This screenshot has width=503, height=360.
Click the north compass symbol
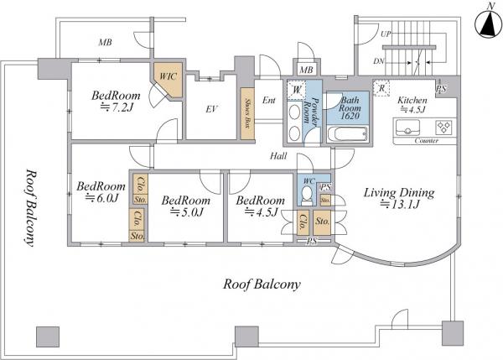[x=488, y=23]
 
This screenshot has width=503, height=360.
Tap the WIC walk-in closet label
[x=169, y=76]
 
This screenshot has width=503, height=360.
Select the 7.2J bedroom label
[x=117, y=102]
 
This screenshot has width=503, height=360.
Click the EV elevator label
[x=211, y=109]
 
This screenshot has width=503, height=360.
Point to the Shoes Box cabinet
[x=247, y=113]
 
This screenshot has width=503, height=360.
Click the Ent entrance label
[x=269, y=101]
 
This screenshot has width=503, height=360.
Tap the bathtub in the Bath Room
[x=347, y=134]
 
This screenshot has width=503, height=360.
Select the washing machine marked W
[x=297, y=90]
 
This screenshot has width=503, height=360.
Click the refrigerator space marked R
[x=381, y=88]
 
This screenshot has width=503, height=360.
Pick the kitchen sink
[x=407, y=128]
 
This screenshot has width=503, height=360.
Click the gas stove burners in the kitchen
[x=444, y=127]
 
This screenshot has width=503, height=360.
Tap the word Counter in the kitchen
[x=427, y=141]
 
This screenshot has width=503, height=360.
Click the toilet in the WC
[x=308, y=196]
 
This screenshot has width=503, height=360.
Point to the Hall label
[x=278, y=156]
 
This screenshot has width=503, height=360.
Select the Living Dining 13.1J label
[x=399, y=198]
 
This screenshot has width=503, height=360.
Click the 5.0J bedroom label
[x=186, y=206]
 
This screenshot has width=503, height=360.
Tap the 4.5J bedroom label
[x=260, y=206]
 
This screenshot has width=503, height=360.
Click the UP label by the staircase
[x=386, y=34]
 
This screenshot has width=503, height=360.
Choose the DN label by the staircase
[x=379, y=61]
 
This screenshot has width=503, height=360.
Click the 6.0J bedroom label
[x=101, y=191]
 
